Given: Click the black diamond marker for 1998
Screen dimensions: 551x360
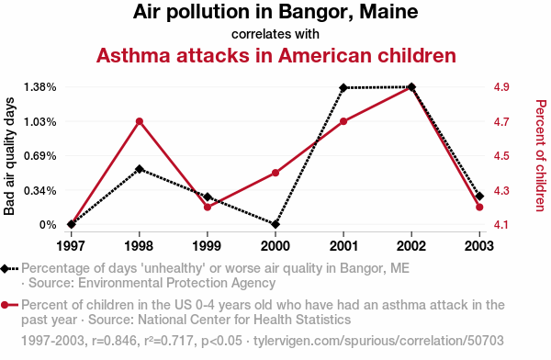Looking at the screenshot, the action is point(140,169).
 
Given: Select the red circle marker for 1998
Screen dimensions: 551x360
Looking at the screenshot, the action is point(140,121).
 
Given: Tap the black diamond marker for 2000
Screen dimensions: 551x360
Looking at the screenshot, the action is point(275,224).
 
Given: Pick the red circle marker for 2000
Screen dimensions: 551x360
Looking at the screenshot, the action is point(275,173).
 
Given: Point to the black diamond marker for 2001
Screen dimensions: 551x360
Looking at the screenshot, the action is point(343,87).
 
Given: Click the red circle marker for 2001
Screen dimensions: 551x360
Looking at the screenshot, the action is point(343,121).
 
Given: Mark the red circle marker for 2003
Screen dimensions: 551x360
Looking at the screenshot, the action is point(479,208).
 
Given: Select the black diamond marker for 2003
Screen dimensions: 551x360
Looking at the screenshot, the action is point(479,197).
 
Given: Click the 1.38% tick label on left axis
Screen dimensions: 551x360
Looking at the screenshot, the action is point(39,87).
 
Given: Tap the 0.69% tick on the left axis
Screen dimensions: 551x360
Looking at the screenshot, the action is point(39,156).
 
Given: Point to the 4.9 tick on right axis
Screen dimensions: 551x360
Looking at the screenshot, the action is point(501,87).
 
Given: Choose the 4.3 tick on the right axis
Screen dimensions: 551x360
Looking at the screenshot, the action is point(501,190).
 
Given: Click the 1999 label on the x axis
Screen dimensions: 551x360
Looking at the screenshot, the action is point(208,246).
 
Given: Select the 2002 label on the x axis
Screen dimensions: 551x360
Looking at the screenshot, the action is point(411,246).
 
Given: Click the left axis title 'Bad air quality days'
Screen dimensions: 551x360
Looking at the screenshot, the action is point(9,156).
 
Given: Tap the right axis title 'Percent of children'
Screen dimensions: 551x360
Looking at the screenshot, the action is point(541,155).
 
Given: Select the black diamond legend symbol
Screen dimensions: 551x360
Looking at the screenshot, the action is point(5,269).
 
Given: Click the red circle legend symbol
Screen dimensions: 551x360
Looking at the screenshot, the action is point(5,305).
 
